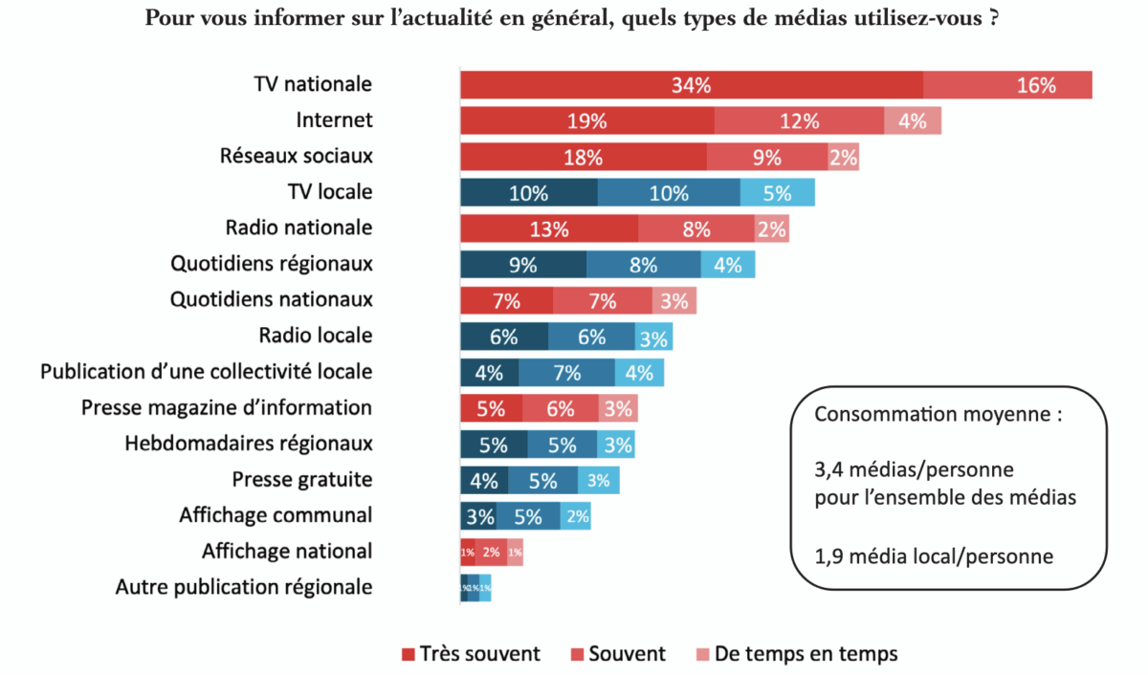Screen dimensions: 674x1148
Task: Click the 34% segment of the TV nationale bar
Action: coord(691,85)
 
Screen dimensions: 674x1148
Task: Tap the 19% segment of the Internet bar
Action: coord(586,121)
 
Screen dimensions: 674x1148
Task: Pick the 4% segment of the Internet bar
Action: coord(913,121)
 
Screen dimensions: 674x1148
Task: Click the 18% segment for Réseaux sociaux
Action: coord(583,157)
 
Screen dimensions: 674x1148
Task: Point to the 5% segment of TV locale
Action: coord(777,193)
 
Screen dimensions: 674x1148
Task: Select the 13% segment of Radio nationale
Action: coord(548,228)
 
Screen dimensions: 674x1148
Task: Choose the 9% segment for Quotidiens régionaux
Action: coord(522,265)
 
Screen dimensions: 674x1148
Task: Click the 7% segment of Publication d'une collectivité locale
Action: coord(566,372)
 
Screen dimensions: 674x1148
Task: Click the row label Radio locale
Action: coord(315,336)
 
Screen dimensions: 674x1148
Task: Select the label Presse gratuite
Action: coord(301,479)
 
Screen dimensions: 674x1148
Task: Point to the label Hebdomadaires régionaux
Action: coord(248,444)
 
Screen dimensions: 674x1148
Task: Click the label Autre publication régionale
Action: coord(244,587)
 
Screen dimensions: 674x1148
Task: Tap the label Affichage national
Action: coord(286,552)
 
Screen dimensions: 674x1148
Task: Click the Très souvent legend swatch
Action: coord(409,655)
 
